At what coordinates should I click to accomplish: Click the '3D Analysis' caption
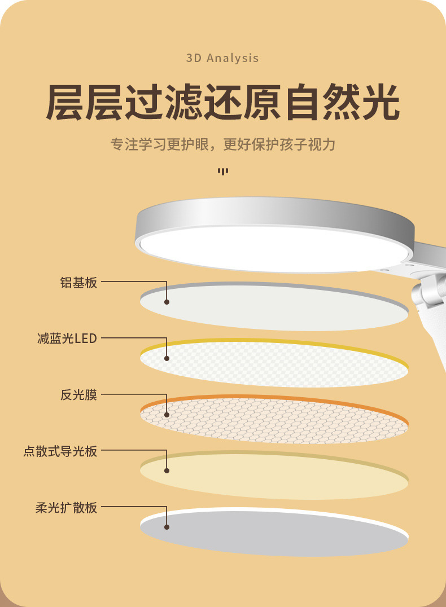point(222,58)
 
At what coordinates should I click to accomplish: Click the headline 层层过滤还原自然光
point(222,102)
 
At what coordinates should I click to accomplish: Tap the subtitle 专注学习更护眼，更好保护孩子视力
point(222,145)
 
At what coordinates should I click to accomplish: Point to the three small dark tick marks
point(223,171)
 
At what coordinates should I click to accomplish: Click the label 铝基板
point(78,282)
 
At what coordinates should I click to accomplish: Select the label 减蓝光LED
point(67,338)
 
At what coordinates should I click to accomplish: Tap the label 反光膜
point(78,395)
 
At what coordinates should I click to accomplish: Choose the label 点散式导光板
point(60,451)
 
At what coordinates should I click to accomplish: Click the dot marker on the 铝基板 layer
point(167,302)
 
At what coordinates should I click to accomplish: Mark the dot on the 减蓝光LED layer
point(167,358)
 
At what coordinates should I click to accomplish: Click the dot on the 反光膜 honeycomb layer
point(167,415)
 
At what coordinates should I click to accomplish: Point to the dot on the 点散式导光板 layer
point(167,471)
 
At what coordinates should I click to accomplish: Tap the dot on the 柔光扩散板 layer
point(167,527)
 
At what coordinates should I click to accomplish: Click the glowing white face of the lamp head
point(271,247)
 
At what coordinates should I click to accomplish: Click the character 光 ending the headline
point(378,102)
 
